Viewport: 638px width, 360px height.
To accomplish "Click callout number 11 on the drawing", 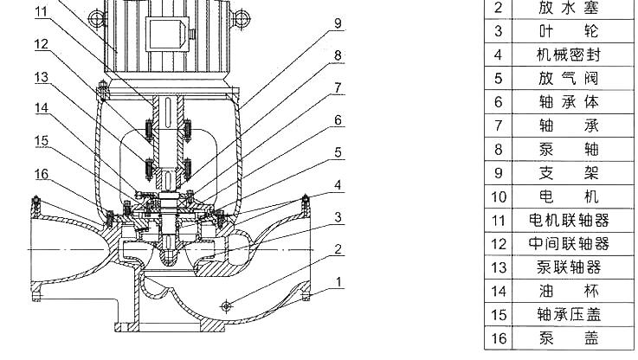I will tap(42, 12).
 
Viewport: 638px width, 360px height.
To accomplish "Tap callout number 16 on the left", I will tap(42, 174).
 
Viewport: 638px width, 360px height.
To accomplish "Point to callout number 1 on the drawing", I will tap(338, 281).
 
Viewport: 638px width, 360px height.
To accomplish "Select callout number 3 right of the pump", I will tap(338, 216).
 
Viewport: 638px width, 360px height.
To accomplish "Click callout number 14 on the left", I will tap(42, 110).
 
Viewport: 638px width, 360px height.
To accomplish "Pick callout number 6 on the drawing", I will tap(338, 119).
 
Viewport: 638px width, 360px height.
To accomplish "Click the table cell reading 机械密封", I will tap(569, 55).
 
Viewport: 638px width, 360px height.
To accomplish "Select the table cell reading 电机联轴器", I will tap(569, 220).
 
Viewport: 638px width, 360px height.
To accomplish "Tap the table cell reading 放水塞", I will tap(569, 9).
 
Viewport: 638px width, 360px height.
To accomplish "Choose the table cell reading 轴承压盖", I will tap(569, 313).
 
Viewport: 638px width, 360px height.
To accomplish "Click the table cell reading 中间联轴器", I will tap(569, 243).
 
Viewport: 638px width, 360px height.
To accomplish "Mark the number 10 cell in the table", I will tap(498, 196).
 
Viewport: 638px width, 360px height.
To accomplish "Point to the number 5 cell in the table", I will tap(498, 79).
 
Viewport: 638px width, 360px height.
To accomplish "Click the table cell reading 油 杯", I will tap(569, 291).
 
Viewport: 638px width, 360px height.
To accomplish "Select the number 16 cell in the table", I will tap(498, 337).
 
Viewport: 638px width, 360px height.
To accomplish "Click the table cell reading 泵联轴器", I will tap(569, 267).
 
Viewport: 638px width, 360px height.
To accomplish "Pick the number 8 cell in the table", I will tap(498, 149).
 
